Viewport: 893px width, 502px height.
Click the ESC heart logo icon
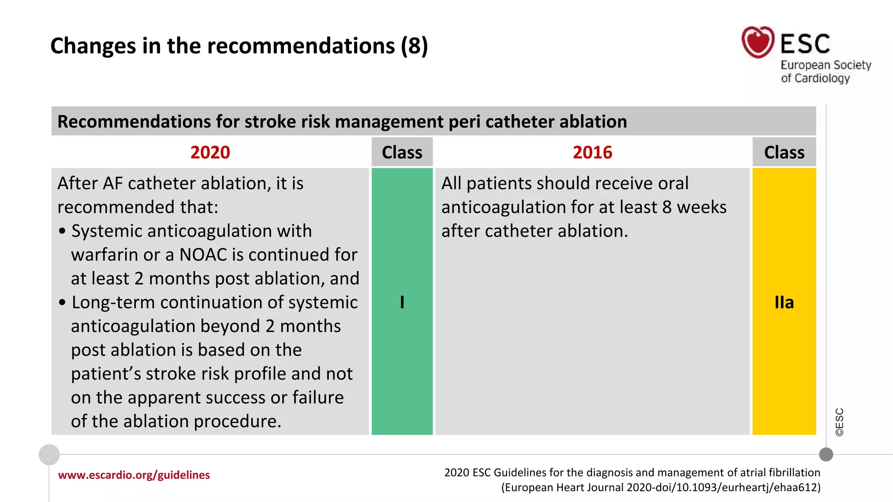coord(758,42)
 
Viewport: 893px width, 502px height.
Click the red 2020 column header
coord(210,153)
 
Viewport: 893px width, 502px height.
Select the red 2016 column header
coord(592,153)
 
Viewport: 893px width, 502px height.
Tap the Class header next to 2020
coord(402,153)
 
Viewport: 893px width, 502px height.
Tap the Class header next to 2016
coord(784,153)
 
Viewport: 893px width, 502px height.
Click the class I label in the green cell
coord(402,302)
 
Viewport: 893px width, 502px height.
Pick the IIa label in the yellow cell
coord(784,302)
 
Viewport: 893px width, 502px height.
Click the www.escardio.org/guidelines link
coord(134,475)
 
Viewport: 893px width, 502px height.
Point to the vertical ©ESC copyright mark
coord(839,422)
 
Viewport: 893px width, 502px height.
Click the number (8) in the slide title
coord(414,46)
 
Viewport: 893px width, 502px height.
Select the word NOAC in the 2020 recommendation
coord(203,255)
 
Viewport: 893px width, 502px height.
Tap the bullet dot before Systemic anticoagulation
coord(62,231)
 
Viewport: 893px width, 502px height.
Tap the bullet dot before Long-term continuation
coord(62,302)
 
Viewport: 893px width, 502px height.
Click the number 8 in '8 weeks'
coord(667,207)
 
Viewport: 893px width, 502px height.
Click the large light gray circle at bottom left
coord(49,455)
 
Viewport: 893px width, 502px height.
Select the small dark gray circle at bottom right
coord(826,455)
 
